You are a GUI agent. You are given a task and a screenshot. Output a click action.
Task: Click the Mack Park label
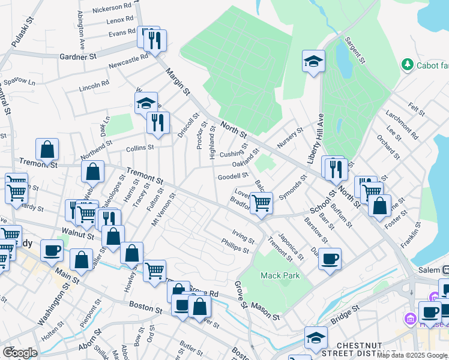coord(280,275)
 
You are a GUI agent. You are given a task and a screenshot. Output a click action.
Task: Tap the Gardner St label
coord(78,57)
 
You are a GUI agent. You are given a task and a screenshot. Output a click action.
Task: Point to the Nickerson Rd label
coord(112,8)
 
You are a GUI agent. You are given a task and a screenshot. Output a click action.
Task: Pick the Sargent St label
coord(354,50)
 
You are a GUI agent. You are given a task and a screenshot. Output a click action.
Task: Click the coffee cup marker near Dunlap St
coord(330,259)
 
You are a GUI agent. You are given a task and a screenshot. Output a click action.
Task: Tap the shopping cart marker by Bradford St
coord(261,203)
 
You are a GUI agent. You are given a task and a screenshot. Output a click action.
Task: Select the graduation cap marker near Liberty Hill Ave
coord(313,62)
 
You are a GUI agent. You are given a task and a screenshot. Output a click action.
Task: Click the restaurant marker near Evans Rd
coord(155,40)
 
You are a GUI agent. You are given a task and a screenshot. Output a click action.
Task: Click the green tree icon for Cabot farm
coord(408,64)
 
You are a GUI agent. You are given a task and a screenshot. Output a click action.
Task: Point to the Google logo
coord(20,353)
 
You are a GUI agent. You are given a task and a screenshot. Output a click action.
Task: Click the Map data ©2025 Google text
coord(411,355)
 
